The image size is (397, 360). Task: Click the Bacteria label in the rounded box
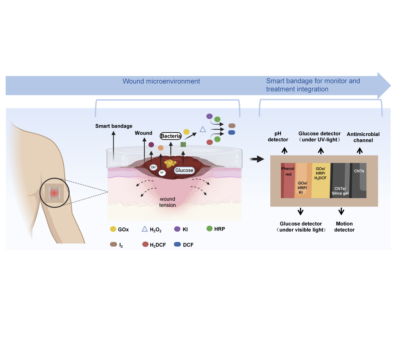(x=171, y=136)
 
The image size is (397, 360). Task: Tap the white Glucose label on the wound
(x=184, y=170)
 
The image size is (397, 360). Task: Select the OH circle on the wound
(x=153, y=167)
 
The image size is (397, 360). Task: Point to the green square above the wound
(x=183, y=144)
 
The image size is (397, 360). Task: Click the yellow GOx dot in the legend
(x=113, y=229)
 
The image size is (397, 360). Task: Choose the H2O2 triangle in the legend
(x=145, y=229)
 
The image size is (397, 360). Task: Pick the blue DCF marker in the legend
(x=177, y=244)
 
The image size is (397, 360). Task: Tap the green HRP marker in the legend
(x=209, y=229)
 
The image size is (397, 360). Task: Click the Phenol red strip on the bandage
(x=288, y=180)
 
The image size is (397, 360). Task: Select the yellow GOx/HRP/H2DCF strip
(x=321, y=180)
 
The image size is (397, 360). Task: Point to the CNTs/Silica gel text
(x=340, y=191)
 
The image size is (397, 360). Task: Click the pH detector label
(x=278, y=137)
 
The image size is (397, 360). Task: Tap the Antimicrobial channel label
(x=363, y=137)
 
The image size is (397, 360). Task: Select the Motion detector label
(x=344, y=227)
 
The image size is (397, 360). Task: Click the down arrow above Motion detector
(x=341, y=211)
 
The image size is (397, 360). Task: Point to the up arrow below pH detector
(x=284, y=151)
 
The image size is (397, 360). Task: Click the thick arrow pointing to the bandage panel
(x=257, y=159)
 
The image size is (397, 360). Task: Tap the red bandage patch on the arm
(x=54, y=193)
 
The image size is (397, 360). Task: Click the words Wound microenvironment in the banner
(x=161, y=81)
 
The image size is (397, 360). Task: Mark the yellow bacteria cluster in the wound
(x=170, y=163)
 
